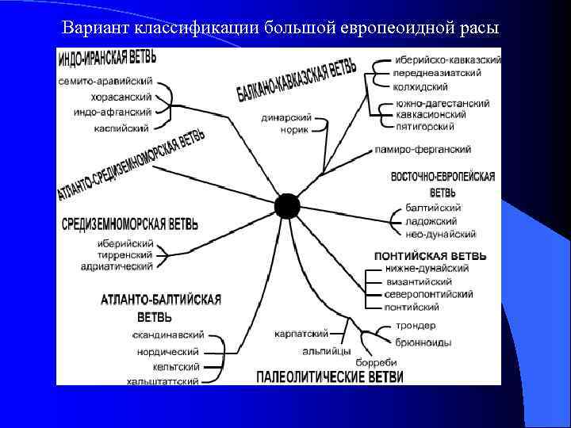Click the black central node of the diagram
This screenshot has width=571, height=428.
tap(287, 206)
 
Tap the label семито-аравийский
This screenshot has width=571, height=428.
tap(105, 82)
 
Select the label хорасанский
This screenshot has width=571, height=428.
tap(121, 97)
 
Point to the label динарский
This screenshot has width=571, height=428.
tap(285, 118)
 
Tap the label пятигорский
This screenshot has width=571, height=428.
tap(427, 126)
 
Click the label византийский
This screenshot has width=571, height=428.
tap(419, 281)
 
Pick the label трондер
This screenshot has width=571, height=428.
tap(416, 327)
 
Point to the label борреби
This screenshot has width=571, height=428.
tap(370, 362)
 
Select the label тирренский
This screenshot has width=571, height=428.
tap(125, 255)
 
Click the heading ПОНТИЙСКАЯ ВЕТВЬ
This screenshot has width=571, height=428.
tap(430, 256)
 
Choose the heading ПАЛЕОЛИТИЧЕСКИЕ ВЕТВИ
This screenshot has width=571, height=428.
tap(330, 376)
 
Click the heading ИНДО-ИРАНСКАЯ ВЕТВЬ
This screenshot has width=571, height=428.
tap(106, 59)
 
